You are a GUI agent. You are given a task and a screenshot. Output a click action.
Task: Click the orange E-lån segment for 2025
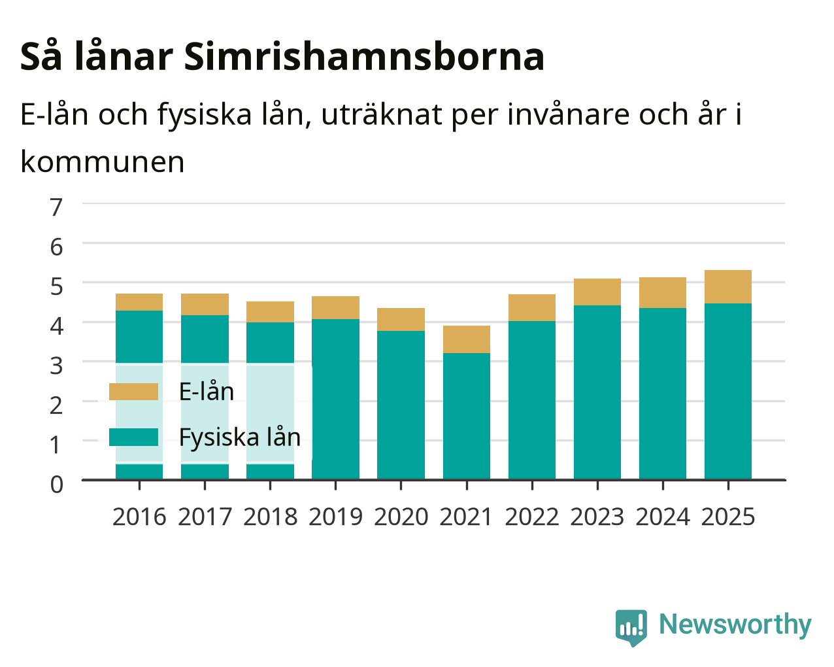pyautogui.click(x=728, y=286)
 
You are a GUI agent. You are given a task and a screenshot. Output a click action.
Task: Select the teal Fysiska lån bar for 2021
pyautogui.click(x=467, y=416)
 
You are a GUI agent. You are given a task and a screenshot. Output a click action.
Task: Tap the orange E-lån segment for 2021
pyautogui.click(x=467, y=339)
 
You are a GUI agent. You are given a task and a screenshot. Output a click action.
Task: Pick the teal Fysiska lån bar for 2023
pyautogui.click(x=597, y=392)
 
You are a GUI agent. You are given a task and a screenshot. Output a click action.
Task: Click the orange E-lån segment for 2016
pyautogui.click(x=139, y=302)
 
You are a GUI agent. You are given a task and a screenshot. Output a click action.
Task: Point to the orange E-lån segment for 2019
pyautogui.click(x=335, y=308)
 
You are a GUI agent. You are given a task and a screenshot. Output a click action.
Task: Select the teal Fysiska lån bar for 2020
pyautogui.click(x=401, y=405)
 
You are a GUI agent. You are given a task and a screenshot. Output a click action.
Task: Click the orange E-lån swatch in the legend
pyautogui.click(x=134, y=392)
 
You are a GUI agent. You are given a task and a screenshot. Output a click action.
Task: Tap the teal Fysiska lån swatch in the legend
pyautogui.click(x=134, y=437)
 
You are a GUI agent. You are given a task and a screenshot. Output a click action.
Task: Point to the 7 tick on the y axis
pyautogui.click(x=56, y=207)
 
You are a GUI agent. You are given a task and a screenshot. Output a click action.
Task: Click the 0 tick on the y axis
pyautogui.click(x=57, y=485)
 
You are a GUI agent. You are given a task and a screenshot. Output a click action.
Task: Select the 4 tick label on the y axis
pyautogui.click(x=57, y=326)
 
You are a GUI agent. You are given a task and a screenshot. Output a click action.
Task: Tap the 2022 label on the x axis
pyautogui.click(x=532, y=517)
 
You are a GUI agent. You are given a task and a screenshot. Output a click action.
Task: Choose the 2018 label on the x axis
pyautogui.click(x=270, y=517)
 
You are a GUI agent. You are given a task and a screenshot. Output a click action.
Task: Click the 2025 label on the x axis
pyautogui.click(x=728, y=517)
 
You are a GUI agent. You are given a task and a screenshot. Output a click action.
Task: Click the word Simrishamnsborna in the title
pyautogui.click(x=364, y=57)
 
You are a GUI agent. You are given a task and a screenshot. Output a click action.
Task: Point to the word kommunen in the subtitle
pyautogui.click(x=103, y=162)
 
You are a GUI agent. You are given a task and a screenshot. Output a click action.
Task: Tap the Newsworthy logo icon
pyautogui.click(x=631, y=628)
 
